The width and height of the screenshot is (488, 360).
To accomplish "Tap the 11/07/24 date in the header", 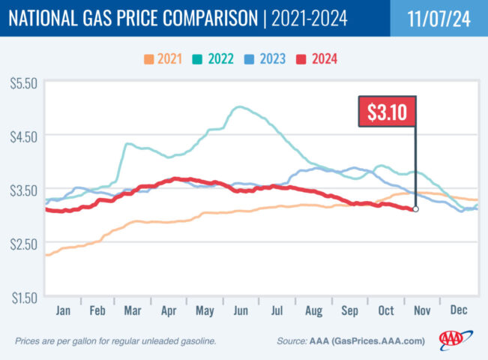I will (x=439, y=18).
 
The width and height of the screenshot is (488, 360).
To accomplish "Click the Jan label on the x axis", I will (x=63, y=309).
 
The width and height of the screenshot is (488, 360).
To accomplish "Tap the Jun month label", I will (x=242, y=309).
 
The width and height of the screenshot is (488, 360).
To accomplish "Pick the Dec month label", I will (x=458, y=309).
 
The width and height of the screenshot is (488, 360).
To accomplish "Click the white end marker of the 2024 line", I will (x=415, y=209).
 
